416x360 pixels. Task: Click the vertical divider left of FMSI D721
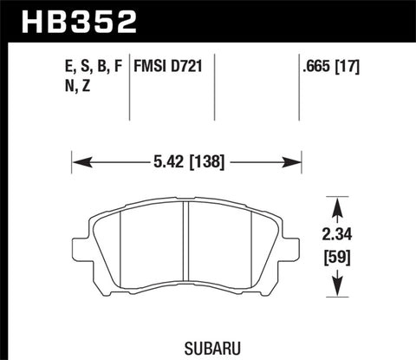[130, 87]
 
